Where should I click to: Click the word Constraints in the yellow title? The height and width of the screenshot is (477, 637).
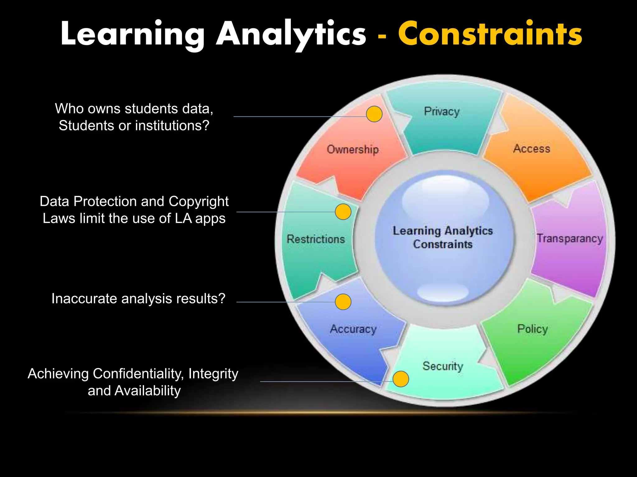(x=490, y=34)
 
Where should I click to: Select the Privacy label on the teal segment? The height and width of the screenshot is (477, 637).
(x=442, y=111)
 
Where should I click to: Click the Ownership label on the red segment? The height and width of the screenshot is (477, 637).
(x=353, y=149)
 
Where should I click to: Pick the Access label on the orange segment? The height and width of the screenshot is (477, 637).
(x=532, y=148)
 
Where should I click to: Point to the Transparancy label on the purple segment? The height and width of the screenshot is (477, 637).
(x=570, y=238)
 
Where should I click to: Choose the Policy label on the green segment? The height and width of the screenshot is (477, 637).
(x=532, y=329)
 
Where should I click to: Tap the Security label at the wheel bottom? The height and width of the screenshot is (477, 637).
(x=443, y=366)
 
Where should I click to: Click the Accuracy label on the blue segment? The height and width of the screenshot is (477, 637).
(x=353, y=329)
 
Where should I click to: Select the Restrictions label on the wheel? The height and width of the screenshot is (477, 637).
(x=316, y=239)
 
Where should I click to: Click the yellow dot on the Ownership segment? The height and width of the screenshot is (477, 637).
(x=374, y=114)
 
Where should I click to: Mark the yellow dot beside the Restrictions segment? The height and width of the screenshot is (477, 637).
(x=343, y=212)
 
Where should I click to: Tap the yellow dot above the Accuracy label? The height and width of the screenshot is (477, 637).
(x=343, y=302)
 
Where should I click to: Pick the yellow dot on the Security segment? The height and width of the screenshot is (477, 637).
(x=401, y=379)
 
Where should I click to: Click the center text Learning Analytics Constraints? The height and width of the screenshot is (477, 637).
(x=443, y=237)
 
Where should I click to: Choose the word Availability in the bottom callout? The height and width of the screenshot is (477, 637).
(x=147, y=391)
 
